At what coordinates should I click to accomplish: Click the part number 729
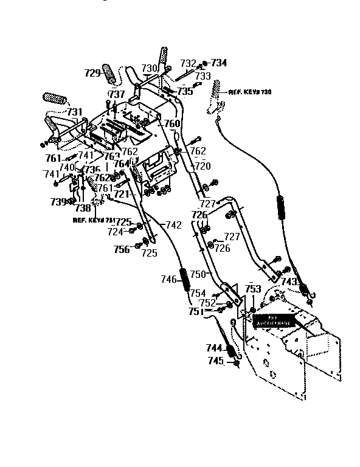click(x=92, y=73)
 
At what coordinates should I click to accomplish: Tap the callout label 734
click(x=219, y=63)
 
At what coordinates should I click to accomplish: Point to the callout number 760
click(x=173, y=123)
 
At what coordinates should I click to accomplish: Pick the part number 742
click(x=173, y=225)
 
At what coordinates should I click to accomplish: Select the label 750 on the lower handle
click(x=198, y=275)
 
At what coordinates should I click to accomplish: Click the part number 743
click(x=289, y=282)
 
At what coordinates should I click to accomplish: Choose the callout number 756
click(x=122, y=249)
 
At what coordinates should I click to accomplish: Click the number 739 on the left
click(x=58, y=201)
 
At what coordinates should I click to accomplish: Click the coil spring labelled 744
click(x=231, y=350)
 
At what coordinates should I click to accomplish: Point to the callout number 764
click(x=122, y=164)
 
